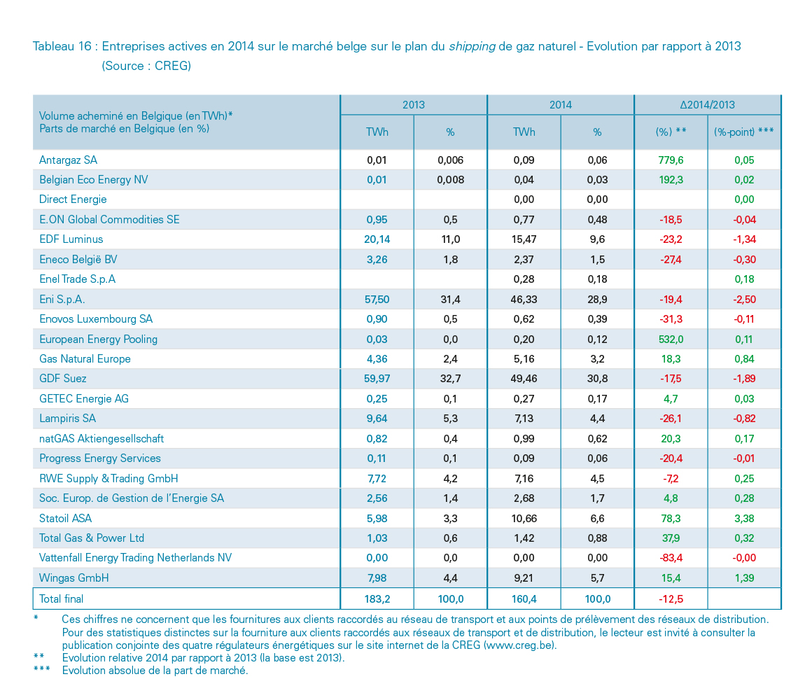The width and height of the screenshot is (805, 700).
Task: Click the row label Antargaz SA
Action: [x=69, y=160]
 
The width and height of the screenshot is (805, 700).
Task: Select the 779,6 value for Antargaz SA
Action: [x=671, y=160]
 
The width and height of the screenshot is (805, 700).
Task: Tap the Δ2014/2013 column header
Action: [x=708, y=105]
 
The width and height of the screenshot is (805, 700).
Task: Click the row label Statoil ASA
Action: [x=65, y=518]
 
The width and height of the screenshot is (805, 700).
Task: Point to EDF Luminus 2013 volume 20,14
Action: [x=377, y=239]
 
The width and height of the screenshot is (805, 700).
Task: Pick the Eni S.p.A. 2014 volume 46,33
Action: [x=524, y=300]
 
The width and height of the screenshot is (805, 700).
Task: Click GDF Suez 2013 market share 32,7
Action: [x=450, y=379]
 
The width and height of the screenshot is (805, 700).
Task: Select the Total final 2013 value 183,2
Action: [x=377, y=598]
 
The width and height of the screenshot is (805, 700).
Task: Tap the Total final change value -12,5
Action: [x=671, y=598]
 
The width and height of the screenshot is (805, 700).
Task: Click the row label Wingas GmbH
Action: [x=74, y=578]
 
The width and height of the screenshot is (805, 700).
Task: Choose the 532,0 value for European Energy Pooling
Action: [x=671, y=339]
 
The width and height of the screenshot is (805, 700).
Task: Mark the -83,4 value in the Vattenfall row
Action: [x=671, y=558]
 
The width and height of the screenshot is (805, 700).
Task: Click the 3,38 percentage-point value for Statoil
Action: [x=744, y=518]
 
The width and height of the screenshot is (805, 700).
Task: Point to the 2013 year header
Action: [x=413, y=105]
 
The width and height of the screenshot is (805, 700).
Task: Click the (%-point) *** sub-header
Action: [x=744, y=132]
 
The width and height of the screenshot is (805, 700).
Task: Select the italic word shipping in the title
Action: [x=472, y=47]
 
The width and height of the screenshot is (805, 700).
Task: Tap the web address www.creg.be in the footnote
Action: [x=519, y=645]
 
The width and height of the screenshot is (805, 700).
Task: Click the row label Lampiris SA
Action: [x=67, y=419]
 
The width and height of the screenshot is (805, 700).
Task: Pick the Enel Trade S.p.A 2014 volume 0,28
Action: [x=524, y=279]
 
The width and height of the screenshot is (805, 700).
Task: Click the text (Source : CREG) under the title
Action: [x=146, y=66]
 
